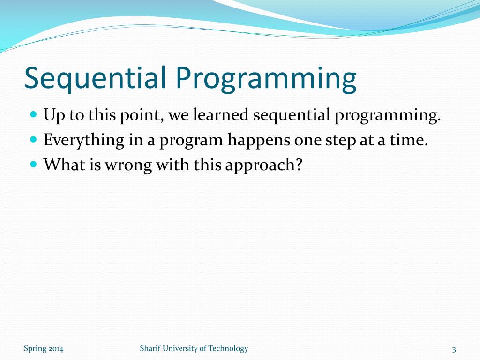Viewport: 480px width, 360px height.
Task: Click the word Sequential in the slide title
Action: pos(95,78)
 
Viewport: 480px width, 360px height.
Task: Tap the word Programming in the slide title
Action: pos(266,79)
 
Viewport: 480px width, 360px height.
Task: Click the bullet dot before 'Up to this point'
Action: pos(34,114)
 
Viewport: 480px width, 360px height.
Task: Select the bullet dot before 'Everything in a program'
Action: pos(34,139)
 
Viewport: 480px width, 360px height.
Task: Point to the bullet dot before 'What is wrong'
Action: pos(34,164)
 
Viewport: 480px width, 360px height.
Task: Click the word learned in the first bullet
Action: pos(220,115)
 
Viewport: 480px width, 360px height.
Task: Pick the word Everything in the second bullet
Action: pos(84,141)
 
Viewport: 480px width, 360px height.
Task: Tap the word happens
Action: pos(259,141)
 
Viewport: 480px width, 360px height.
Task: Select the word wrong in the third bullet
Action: pos(128,165)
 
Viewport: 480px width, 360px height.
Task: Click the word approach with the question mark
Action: pos(264,165)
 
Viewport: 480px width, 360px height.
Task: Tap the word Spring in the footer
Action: pos(35,349)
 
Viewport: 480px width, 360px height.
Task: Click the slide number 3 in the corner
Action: pos(454,349)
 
